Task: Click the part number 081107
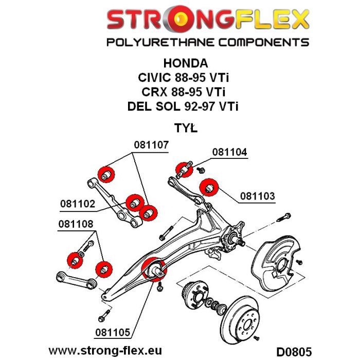tap(151, 145)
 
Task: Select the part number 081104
tap(229, 153)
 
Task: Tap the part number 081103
tap(258, 196)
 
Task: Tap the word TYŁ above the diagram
tap(186, 128)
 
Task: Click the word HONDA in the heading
tap(186, 64)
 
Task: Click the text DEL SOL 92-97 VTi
tap(186, 107)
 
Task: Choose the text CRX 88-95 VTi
tap(186, 93)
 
